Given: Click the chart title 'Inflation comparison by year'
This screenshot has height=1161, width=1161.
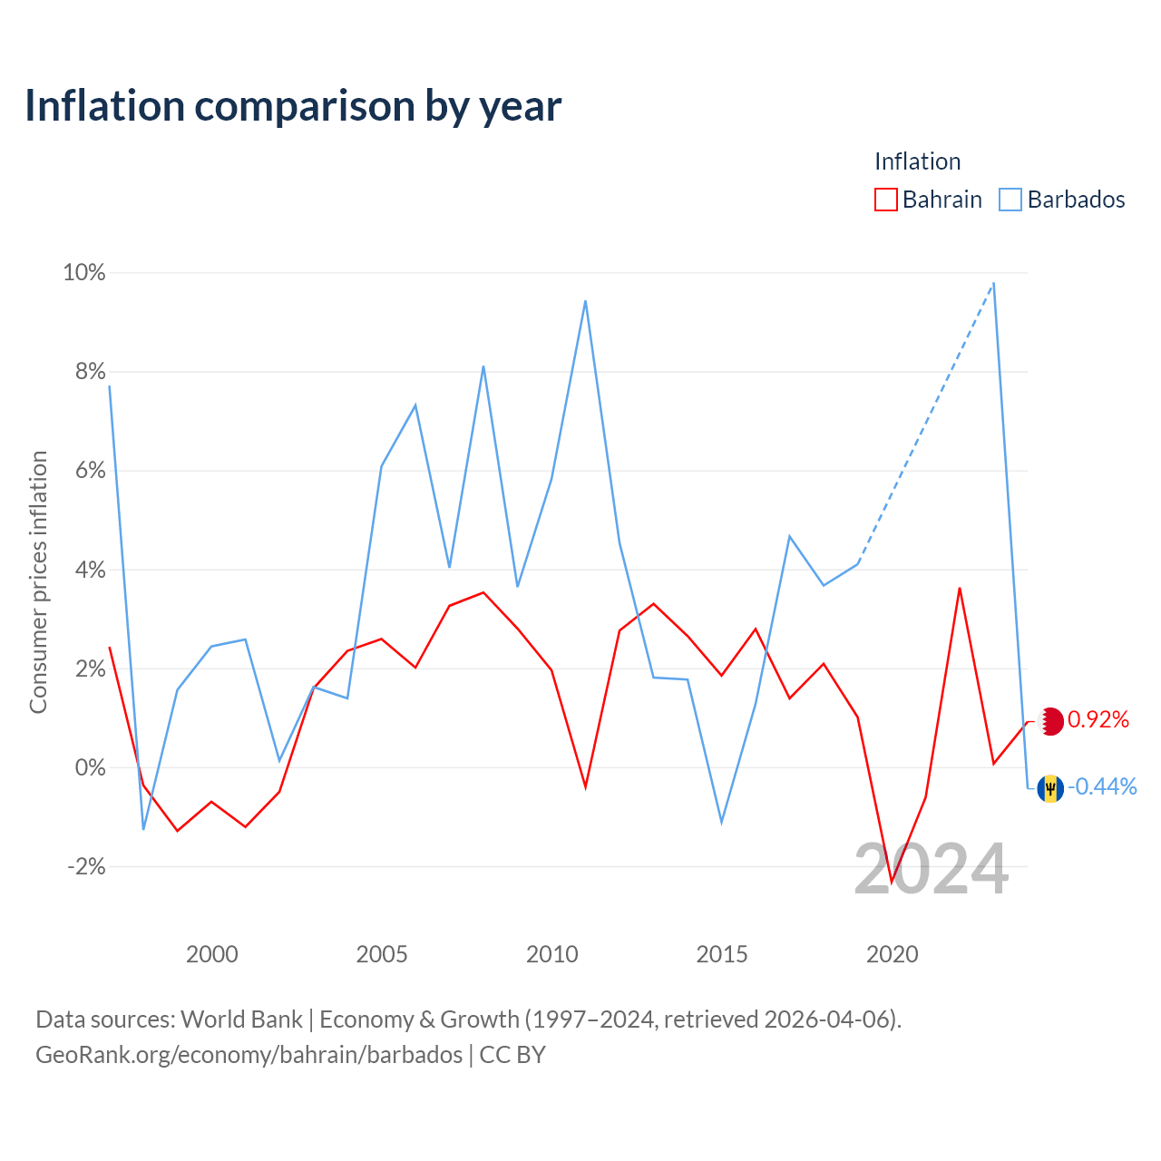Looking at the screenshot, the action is coord(293,106).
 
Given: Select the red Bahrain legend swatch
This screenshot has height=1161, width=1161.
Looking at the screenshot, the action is coord(885,200).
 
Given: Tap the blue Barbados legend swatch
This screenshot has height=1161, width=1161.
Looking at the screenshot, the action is coord(1010,200).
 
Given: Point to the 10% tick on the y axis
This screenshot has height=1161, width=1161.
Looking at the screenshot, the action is coord(84,272).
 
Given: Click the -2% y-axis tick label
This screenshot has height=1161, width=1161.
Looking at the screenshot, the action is coord(86,866).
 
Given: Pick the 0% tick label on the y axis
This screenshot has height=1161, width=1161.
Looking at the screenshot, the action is coord(91,767).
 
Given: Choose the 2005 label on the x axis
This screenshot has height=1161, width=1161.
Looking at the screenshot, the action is coord(381,954).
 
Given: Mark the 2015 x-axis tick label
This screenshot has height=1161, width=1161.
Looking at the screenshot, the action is coord(721,954).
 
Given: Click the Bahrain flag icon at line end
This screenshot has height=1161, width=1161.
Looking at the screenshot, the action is coord(1051,721).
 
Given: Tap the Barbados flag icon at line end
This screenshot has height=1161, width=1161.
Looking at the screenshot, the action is coord(1050,788).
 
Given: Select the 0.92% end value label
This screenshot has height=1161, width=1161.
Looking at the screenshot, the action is coord(1098,719).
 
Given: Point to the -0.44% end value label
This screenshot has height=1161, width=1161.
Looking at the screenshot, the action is coord(1102,786).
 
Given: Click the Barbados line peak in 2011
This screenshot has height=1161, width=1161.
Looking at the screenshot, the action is coord(585,301).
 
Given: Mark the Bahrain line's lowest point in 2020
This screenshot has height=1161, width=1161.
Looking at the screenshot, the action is coord(892,881).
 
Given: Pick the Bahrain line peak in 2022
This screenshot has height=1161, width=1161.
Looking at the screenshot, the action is coord(959,589).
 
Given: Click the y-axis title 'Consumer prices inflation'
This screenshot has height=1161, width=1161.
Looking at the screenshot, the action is coord(39,582).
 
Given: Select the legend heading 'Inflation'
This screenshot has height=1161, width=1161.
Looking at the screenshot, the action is coord(917,161).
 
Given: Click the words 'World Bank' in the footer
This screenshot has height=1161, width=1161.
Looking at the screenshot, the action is coord(241,1020).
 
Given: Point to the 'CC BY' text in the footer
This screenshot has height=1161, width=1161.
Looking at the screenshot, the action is coord(512,1055).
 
